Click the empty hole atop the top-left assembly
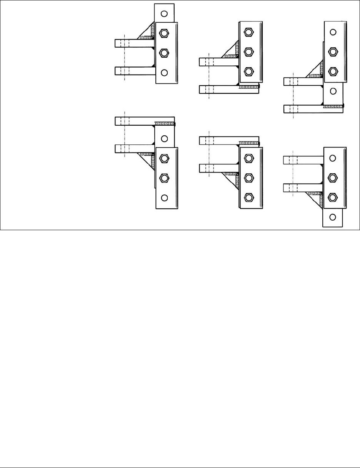[x=164, y=14]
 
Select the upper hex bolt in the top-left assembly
[x=164, y=33]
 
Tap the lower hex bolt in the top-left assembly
[x=164, y=53]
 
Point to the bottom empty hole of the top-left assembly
[x=164, y=72]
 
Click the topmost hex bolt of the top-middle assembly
[x=249, y=32]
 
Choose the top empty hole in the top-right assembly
[x=333, y=32]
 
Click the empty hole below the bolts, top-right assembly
[x=333, y=91]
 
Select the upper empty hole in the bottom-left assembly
[x=164, y=138]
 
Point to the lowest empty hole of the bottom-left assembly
[x=164, y=197]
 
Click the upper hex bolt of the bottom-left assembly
[x=164, y=158]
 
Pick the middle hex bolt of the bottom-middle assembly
[x=249, y=178]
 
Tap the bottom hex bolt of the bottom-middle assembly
[x=249, y=197]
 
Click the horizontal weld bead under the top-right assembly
[x=333, y=107]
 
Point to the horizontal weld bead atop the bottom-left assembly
[x=165, y=124]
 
